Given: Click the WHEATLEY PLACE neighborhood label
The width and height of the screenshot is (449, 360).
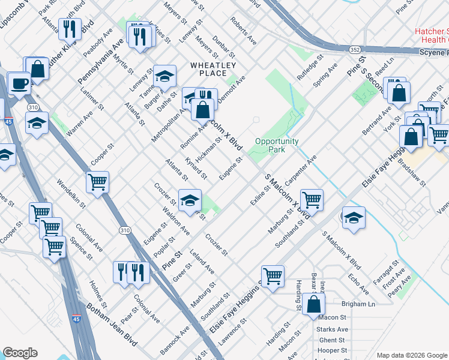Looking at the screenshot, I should [x=213, y=69].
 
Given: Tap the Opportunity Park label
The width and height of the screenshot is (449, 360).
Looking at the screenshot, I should [x=277, y=146].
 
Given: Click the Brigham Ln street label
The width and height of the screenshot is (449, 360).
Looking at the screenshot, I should [x=358, y=304].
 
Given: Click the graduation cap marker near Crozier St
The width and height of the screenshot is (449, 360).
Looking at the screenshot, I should [x=190, y=200].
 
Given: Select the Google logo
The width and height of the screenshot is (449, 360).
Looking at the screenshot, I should [x=20, y=353].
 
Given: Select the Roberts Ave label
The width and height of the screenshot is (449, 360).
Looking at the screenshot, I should [x=243, y=31].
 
